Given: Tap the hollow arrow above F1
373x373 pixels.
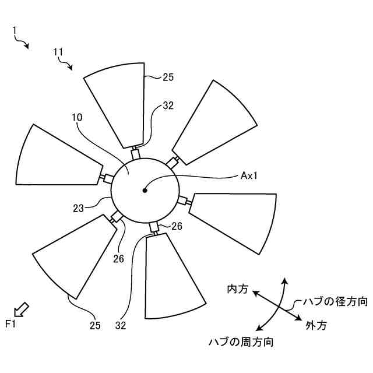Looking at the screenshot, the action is [21, 308].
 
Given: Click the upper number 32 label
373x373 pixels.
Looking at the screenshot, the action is [168, 106].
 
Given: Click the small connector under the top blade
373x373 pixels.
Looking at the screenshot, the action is [136, 154].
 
